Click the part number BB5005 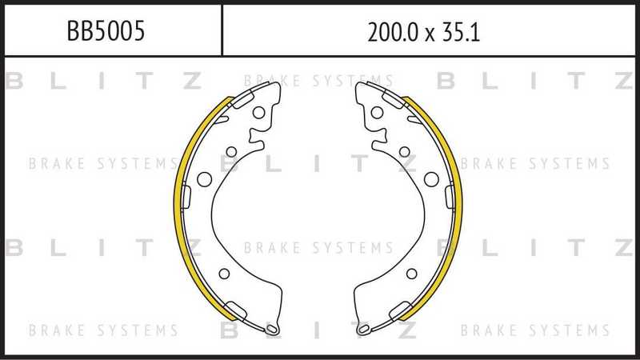(x=106, y=31)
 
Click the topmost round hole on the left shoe (x=258, y=113)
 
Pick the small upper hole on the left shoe (x=231, y=152)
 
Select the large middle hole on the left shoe (x=205, y=178)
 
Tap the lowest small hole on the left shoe (x=224, y=274)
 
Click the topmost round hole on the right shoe (x=377, y=113)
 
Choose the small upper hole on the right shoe (x=405, y=152)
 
